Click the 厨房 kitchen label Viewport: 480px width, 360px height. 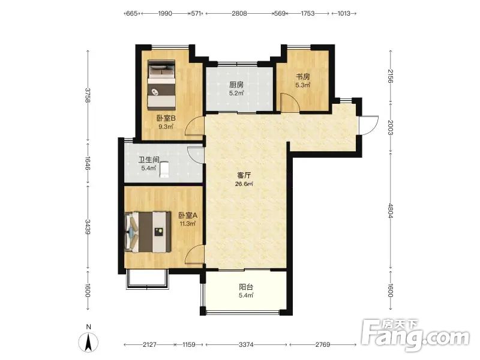[x=236, y=85]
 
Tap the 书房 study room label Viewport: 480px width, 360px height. [x=303, y=77]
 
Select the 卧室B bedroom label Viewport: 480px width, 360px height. [x=166, y=118]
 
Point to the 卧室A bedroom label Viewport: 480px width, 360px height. [x=188, y=215]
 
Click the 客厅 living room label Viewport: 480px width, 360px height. [x=244, y=175]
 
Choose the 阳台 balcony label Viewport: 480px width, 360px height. [x=246, y=287]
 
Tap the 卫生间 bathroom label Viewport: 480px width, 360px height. [x=149, y=160]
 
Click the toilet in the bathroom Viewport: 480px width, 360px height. [x=164, y=169]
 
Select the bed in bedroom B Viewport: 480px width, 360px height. [x=161, y=85]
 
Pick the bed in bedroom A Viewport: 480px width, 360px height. [x=148, y=232]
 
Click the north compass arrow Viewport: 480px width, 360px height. [x=88, y=342]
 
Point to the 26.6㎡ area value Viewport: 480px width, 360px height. [x=244, y=184]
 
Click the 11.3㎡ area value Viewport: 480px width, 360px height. [x=188, y=223]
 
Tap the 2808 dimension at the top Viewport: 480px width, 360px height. [x=239, y=13]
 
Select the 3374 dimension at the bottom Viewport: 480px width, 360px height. [x=246, y=344]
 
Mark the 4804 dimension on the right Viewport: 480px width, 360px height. [x=391, y=211]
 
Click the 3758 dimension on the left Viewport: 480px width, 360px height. [x=88, y=95]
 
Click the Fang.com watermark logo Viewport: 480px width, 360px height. [x=415, y=335]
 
